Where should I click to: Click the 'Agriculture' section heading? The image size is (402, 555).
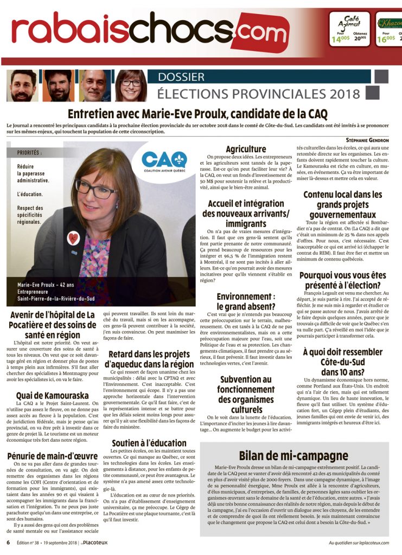[x=246, y=149]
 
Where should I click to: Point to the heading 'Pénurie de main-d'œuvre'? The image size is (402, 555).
[x=53, y=456]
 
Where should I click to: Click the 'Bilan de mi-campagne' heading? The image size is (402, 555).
[x=301, y=455]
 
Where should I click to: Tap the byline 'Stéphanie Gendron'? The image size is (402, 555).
[x=367, y=140]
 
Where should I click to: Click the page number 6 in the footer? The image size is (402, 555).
[x=8, y=542]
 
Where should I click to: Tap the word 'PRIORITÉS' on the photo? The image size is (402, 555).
[x=29, y=153]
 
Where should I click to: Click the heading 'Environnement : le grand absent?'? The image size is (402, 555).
[x=246, y=302]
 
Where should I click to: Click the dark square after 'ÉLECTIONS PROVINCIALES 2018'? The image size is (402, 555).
[x=386, y=93]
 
